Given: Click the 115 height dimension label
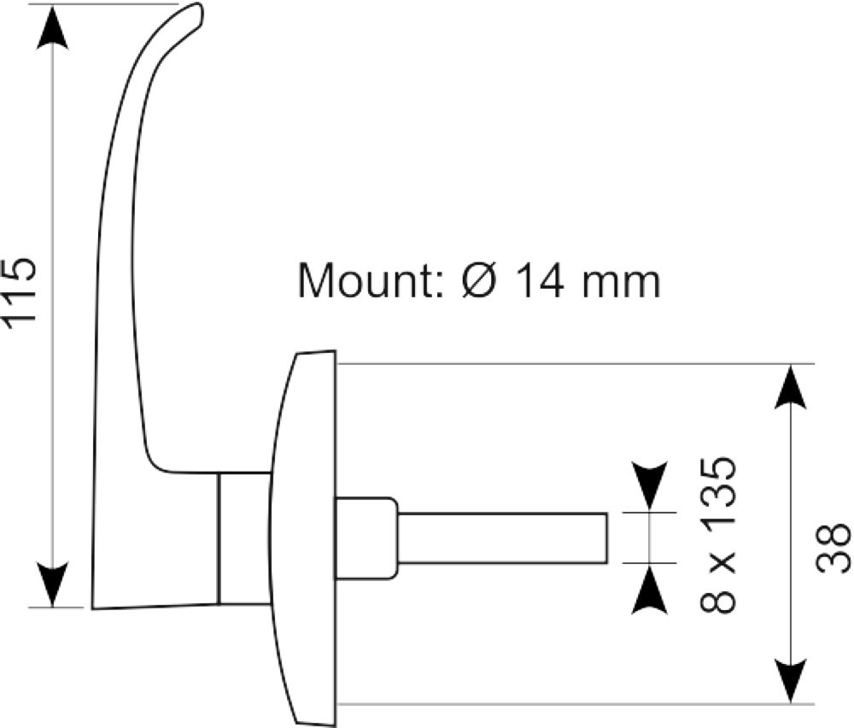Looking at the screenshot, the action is [20, 293].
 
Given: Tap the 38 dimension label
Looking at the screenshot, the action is [834, 548].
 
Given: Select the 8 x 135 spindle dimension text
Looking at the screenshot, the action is [718, 535].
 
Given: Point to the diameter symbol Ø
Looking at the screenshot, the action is [480, 280].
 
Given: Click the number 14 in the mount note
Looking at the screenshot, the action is [540, 280].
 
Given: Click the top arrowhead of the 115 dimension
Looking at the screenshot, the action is [52, 28].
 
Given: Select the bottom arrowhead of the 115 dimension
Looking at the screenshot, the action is [52, 584].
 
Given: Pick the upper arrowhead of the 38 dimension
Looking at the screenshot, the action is [790, 386].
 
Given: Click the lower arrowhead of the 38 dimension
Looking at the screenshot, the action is [790, 681].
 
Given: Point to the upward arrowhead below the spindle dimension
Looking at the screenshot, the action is [649, 589].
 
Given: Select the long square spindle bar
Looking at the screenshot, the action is [502, 537].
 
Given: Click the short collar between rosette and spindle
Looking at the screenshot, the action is [366, 537].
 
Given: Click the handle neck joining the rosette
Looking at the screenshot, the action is [244, 538].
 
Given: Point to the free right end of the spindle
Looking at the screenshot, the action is [606, 537].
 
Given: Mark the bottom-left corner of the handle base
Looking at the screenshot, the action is [92, 608].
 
